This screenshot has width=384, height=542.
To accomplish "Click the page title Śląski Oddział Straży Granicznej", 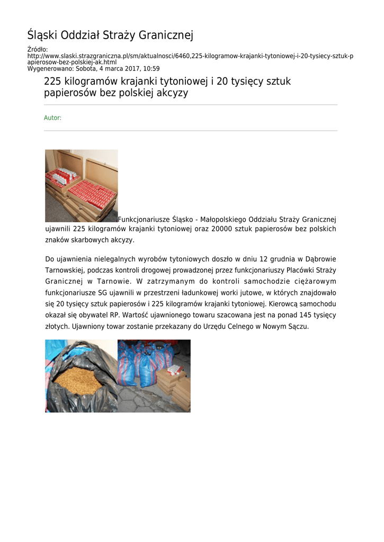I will pyautogui.click(x=110, y=35).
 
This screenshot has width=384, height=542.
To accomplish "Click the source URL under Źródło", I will pyautogui.click(x=191, y=59).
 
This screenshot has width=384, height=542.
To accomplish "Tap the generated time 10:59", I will pyautogui.click(x=152, y=69).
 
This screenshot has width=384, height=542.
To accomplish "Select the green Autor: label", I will pyautogui.click(x=52, y=118).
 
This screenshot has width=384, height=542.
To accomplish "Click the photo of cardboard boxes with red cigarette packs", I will pyautogui.click(x=81, y=185).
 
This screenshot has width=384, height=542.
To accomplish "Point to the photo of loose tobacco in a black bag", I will pyautogui.click(x=81, y=376).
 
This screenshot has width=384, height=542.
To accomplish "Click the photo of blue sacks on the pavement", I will pyautogui.click(x=154, y=376).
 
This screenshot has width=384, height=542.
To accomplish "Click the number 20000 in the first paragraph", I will pyautogui.click(x=222, y=229).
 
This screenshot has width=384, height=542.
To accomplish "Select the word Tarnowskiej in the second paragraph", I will pyautogui.click(x=64, y=270).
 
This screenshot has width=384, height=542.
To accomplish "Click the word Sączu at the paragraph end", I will pyautogui.click(x=297, y=327).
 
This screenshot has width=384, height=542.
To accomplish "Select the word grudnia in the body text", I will pyautogui.click(x=272, y=259).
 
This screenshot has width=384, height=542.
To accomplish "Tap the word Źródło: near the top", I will pyautogui.click(x=38, y=49).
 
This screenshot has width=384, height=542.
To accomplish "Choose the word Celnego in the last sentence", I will pyautogui.click(x=228, y=327).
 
